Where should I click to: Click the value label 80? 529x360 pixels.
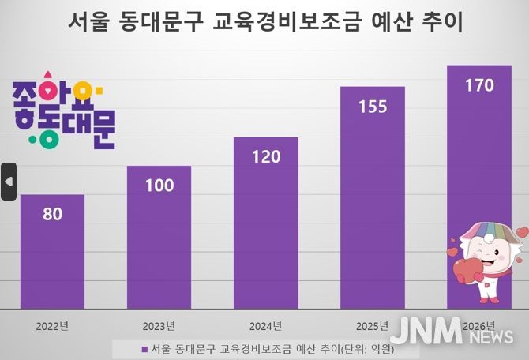[52, 213]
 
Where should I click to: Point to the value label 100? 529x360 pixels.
[159, 186]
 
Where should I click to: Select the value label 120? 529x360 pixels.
[265, 156]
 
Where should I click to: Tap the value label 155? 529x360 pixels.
[372, 107]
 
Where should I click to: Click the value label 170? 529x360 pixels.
[479, 85]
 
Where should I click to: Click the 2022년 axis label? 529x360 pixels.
[52, 325]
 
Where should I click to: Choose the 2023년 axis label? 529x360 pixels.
[159, 325]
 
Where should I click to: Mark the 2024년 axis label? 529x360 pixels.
[265, 325]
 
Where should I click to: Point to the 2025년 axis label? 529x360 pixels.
[372, 325]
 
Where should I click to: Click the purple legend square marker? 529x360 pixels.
[144, 348]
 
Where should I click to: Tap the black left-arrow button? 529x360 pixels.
[9, 182]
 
